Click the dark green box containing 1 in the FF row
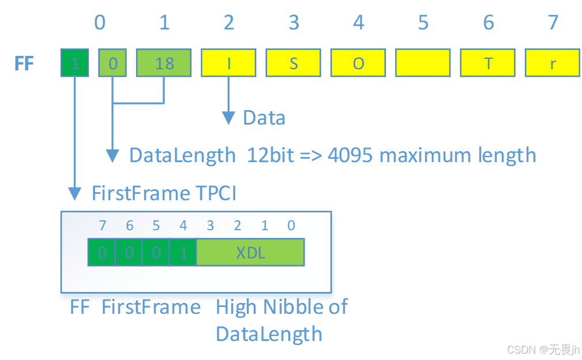(75, 63)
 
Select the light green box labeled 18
(164, 63)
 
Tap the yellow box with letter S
(294, 63)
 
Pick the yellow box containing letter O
(358, 63)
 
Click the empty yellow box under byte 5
(423, 63)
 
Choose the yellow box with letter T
(488, 63)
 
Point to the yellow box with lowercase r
(553, 63)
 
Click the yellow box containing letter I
(229, 63)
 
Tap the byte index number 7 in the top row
(553, 22)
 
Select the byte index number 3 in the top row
(294, 22)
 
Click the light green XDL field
(250, 253)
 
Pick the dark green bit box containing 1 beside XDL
(183, 253)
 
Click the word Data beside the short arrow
(264, 118)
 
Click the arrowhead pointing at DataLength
(113, 156)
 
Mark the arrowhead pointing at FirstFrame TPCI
(74, 193)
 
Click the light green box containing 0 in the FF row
(112, 63)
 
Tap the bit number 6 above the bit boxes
(129, 226)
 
